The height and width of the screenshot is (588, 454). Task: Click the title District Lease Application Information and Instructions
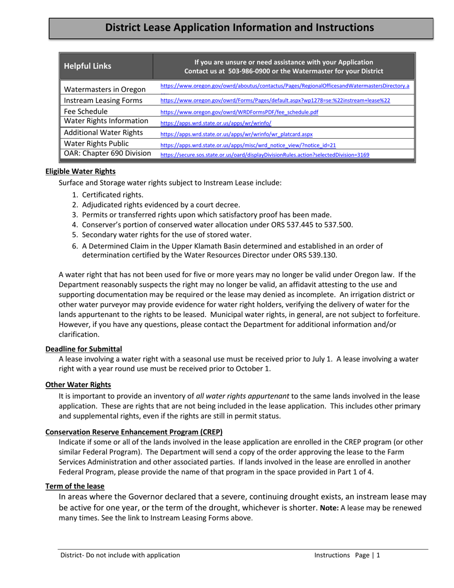(239, 28)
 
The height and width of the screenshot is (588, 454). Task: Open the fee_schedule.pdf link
(239, 112)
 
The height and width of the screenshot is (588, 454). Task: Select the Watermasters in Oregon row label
(105, 89)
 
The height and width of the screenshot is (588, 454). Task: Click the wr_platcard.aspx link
(236, 134)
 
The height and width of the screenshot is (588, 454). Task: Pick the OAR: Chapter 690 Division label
(108, 153)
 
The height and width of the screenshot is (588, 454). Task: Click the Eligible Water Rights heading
(80, 171)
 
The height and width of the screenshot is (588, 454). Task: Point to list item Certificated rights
(113, 195)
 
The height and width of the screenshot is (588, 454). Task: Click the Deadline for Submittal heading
(84, 349)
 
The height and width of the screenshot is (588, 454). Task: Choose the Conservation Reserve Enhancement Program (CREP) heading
(134, 432)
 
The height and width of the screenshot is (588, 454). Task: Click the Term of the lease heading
(75, 486)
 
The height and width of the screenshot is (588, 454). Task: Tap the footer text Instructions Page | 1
(347, 555)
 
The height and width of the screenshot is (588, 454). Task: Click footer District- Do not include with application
(120, 555)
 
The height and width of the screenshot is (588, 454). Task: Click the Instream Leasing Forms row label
(103, 100)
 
